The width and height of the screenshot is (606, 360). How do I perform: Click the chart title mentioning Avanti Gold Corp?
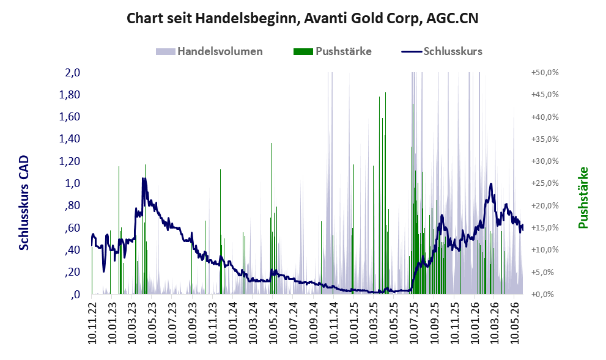[x=303, y=18]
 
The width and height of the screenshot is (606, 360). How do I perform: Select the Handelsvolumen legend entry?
[x=209, y=51]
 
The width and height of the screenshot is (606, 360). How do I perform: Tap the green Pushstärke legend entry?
[x=333, y=51]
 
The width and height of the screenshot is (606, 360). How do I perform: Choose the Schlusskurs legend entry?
[x=442, y=51]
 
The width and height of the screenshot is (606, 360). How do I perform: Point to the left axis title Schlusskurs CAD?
[x=24, y=203]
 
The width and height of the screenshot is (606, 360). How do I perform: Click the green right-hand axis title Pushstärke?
[x=583, y=197]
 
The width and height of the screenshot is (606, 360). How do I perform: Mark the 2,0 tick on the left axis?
[x=72, y=72]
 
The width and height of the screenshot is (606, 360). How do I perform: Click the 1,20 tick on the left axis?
[x=69, y=161]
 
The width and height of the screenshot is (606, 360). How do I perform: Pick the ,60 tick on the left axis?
[x=72, y=227]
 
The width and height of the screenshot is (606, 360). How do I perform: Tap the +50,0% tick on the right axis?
[x=545, y=73]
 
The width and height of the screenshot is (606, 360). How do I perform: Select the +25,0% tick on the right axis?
[x=545, y=183]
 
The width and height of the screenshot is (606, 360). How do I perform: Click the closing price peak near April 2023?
[x=143, y=178]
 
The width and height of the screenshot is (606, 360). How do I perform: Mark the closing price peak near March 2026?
[x=491, y=184]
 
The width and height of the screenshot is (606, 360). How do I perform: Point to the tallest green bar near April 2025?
[x=385, y=193]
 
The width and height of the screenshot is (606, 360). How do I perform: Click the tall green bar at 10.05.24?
[x=272, y=219]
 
